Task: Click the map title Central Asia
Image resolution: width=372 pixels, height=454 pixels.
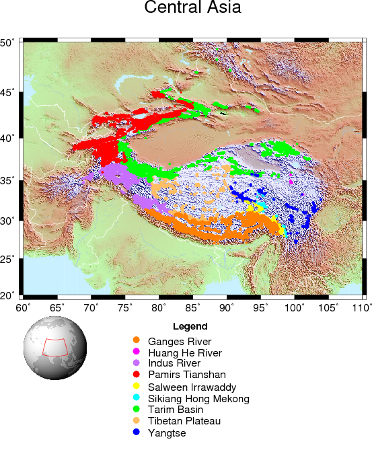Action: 192,9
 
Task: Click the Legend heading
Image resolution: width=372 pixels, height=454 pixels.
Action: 190,326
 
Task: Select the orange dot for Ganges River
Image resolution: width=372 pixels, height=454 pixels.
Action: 136,341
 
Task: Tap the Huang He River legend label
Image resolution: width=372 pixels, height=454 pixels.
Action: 184,352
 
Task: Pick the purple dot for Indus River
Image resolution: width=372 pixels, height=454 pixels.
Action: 136,364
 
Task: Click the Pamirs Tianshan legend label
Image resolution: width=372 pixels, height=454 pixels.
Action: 187,375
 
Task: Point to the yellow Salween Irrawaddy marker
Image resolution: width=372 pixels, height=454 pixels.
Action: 136,387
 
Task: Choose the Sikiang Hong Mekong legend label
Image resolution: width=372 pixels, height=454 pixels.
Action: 198,398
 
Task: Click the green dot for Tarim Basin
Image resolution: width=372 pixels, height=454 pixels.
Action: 136,410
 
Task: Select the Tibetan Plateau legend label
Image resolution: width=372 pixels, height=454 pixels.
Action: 184,421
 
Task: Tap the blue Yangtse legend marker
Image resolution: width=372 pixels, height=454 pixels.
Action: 136,432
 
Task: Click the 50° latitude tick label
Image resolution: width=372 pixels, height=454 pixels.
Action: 8,42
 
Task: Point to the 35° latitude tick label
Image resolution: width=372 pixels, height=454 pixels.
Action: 8,180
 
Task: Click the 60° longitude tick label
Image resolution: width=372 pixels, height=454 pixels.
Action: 24,307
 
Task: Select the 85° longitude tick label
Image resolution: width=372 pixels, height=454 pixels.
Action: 193,307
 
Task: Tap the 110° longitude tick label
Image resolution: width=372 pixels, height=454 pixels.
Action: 361,307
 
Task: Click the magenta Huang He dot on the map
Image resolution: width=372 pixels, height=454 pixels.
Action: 291,182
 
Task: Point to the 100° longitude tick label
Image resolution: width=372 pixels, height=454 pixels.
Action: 294,307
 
